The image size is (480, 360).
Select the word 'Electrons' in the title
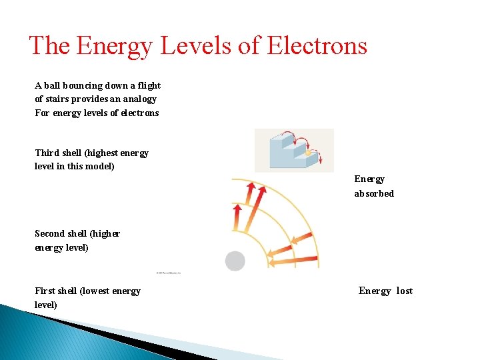317,45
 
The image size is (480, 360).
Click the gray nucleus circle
235,261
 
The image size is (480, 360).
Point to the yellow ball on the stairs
308,153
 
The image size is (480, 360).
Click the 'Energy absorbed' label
373,186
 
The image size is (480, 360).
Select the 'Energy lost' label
385,291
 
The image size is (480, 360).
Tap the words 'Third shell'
58,153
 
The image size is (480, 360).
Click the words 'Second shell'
63,233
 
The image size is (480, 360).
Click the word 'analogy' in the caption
139,99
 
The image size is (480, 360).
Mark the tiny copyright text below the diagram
168,273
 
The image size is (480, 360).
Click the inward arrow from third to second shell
299,238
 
